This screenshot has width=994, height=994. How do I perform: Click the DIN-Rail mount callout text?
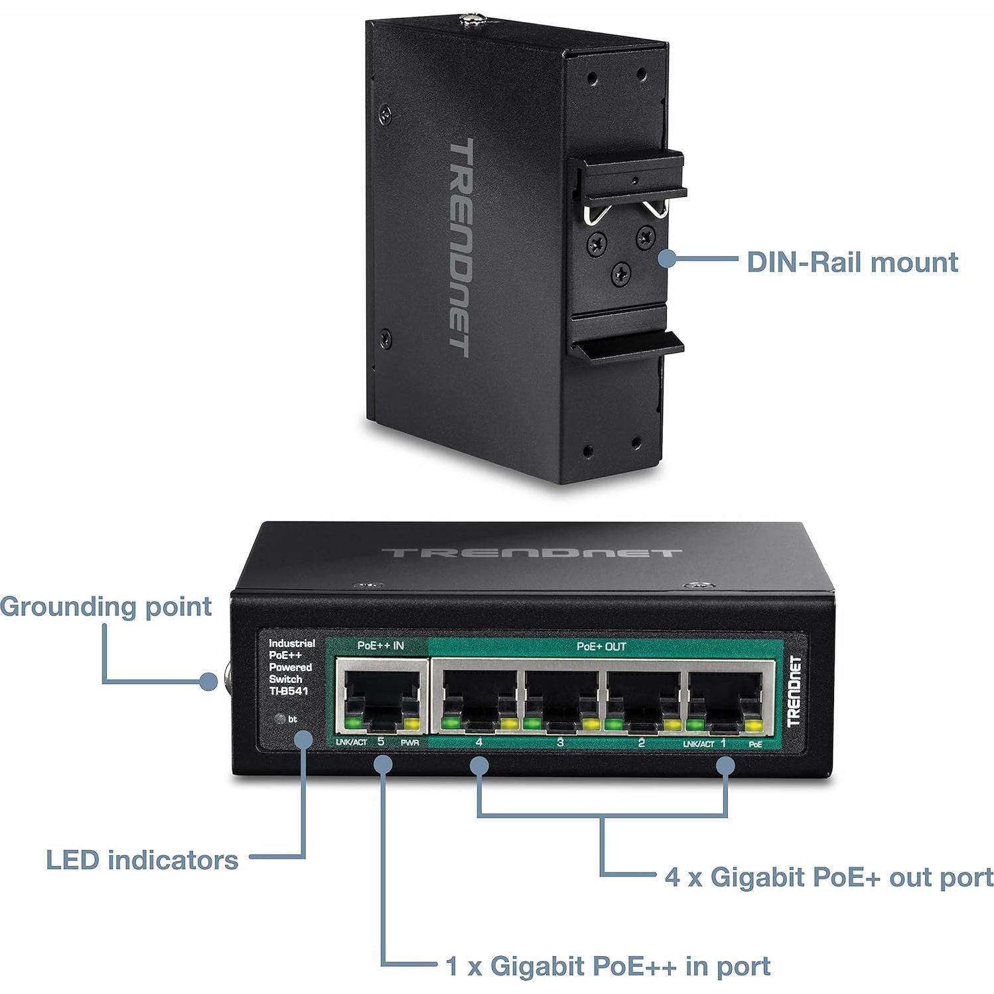pos(852,262)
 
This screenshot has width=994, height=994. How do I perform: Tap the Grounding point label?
pos(106,606)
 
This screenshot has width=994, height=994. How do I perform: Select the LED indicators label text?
pos(142,860)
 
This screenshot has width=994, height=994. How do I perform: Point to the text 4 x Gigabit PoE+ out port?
pos(829,877)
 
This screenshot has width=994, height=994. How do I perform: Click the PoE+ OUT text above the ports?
pos(601,646)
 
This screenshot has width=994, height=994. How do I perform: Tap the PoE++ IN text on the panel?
pos(380,646)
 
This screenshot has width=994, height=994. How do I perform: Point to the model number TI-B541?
pos(289,691)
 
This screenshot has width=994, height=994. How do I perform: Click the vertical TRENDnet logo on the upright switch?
pos(459,247)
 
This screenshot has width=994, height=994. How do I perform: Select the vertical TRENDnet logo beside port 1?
pos(794,691)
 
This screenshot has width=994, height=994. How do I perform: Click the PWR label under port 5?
pos(410,743)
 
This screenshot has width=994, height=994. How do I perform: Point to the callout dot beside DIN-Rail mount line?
pos(668,259)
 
